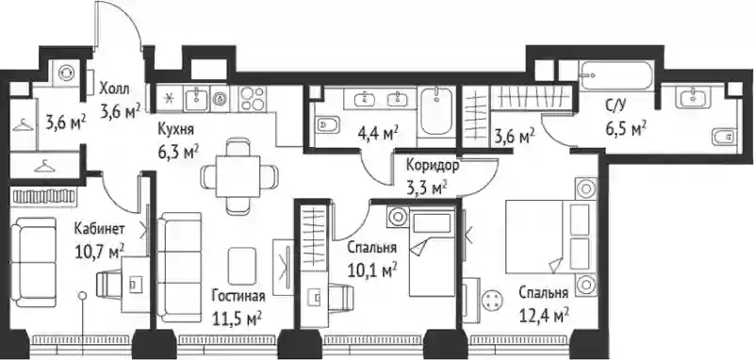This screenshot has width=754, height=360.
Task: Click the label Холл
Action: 114,89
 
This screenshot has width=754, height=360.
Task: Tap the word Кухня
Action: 176,130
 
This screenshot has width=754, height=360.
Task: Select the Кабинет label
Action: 100,229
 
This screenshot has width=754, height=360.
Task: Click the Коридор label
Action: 433,165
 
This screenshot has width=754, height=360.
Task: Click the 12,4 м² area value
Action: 545,316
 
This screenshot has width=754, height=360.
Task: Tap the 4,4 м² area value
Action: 379,133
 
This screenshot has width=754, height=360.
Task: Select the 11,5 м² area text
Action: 238,319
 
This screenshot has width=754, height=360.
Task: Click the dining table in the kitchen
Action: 238,176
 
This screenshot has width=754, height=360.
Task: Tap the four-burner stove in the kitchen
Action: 253,99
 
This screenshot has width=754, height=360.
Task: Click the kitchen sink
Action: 196,99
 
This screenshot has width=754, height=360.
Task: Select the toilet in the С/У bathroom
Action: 723,138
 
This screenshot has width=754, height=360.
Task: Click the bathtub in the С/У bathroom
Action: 616,75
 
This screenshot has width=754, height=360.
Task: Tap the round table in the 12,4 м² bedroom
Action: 491,302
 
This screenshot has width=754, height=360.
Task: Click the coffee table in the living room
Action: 242,266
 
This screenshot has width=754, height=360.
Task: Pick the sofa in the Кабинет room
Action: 33,262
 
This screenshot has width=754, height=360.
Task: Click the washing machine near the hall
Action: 66,73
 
